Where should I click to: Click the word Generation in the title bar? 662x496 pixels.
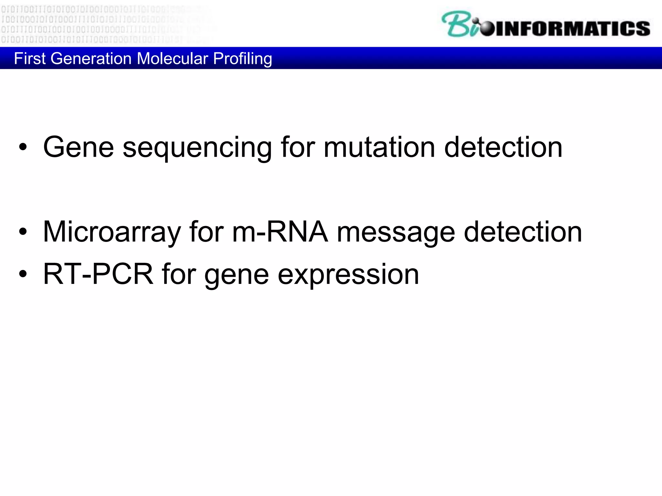[x=91, y=59]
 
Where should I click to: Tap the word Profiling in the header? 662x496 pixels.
[x=242, y=59]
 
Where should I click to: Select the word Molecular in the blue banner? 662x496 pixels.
[x=172, y=59]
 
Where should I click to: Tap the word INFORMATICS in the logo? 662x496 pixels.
[x=572, y=28]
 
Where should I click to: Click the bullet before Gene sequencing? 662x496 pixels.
[x=23, y=147]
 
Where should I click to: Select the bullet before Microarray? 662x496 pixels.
[x=23, y=232]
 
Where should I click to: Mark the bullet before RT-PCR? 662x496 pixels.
[x=23, y=274]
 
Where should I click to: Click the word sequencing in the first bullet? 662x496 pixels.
[x=197, y=148]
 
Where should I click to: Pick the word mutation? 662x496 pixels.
[x=379, y=147]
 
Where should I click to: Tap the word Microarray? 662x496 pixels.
[x=112, y=232]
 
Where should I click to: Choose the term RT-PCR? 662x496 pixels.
[x=98, y=274]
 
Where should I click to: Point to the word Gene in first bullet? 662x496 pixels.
[x=79, y=147]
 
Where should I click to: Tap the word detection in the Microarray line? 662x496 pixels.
[x=523, y=232]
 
